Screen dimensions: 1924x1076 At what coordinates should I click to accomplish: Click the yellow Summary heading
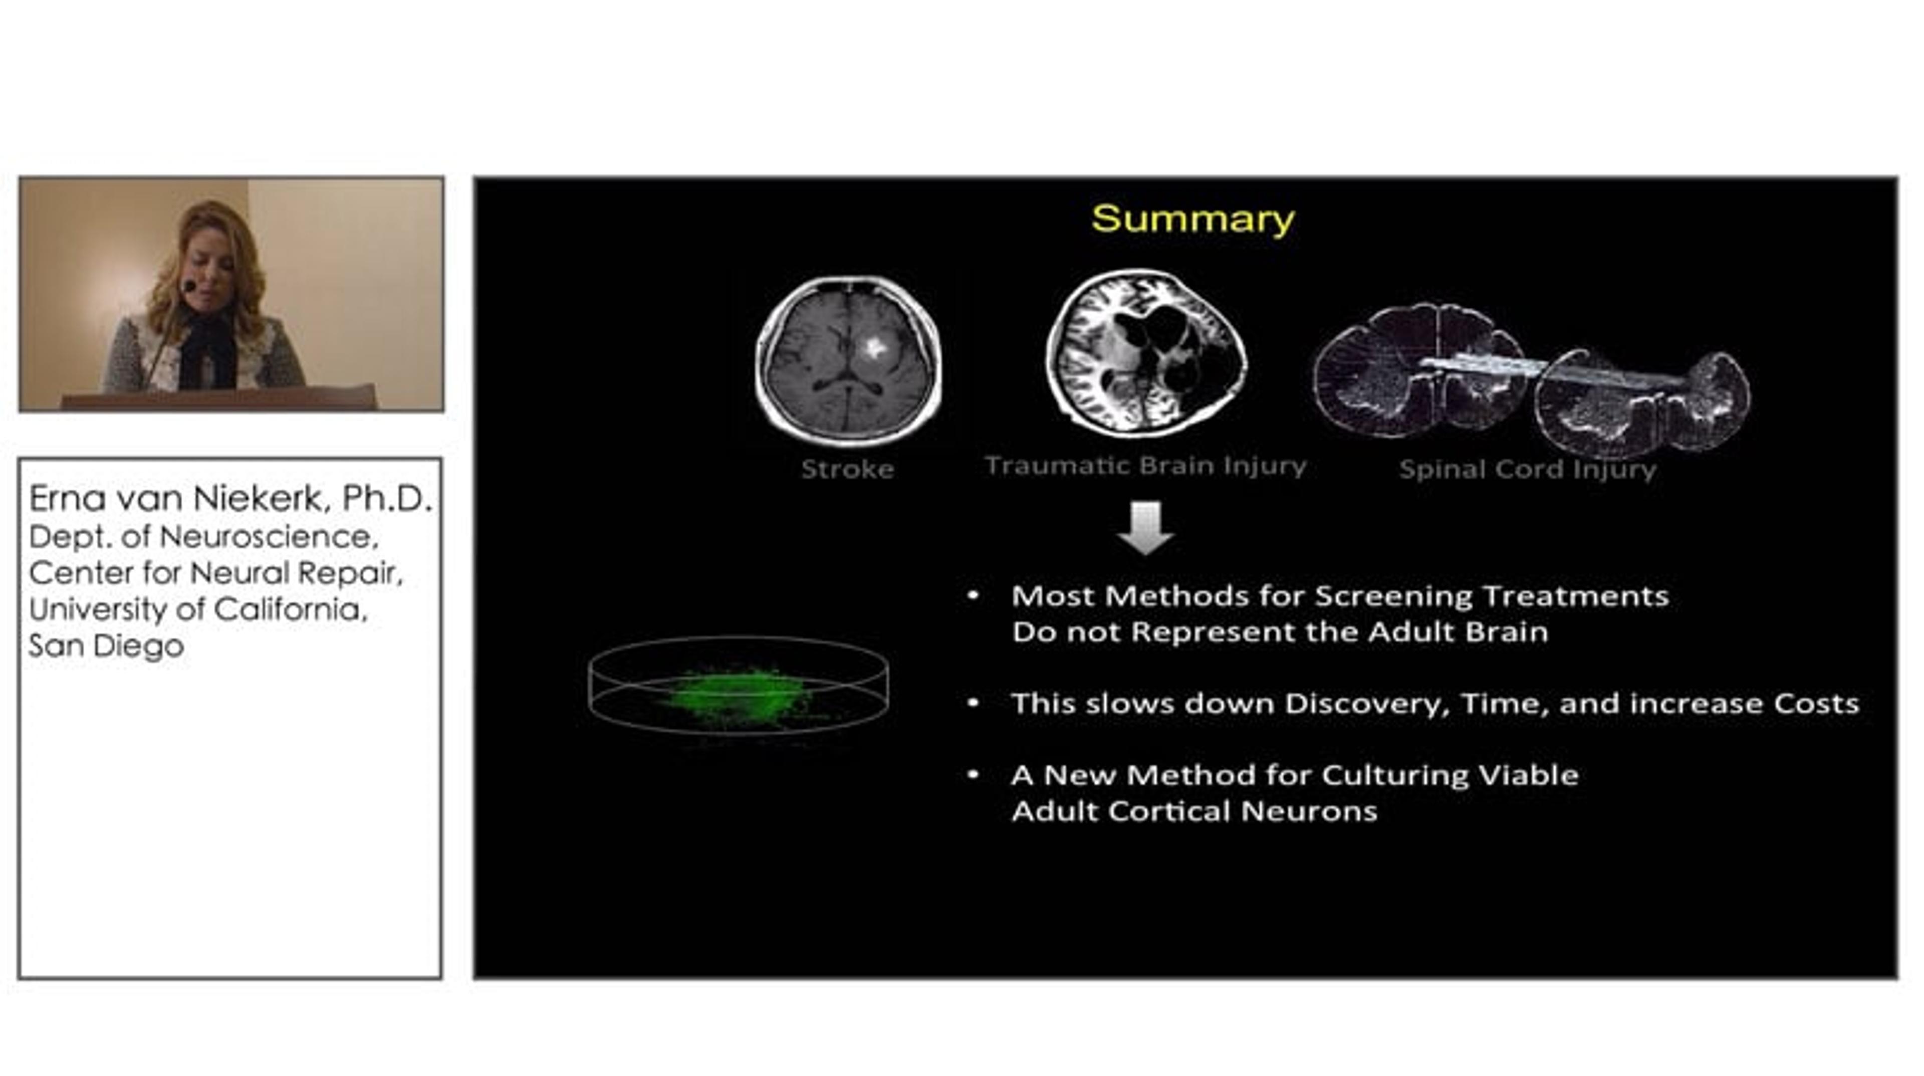click(1193, 220)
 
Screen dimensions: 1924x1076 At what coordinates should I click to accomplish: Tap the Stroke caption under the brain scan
click(847, 469)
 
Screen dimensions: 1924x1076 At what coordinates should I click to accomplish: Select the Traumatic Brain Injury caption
click(1146, 466)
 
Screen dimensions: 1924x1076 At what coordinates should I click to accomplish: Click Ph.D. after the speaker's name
click(387, 498)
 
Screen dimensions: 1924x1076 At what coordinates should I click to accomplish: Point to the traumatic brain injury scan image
click(1146, 353)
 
